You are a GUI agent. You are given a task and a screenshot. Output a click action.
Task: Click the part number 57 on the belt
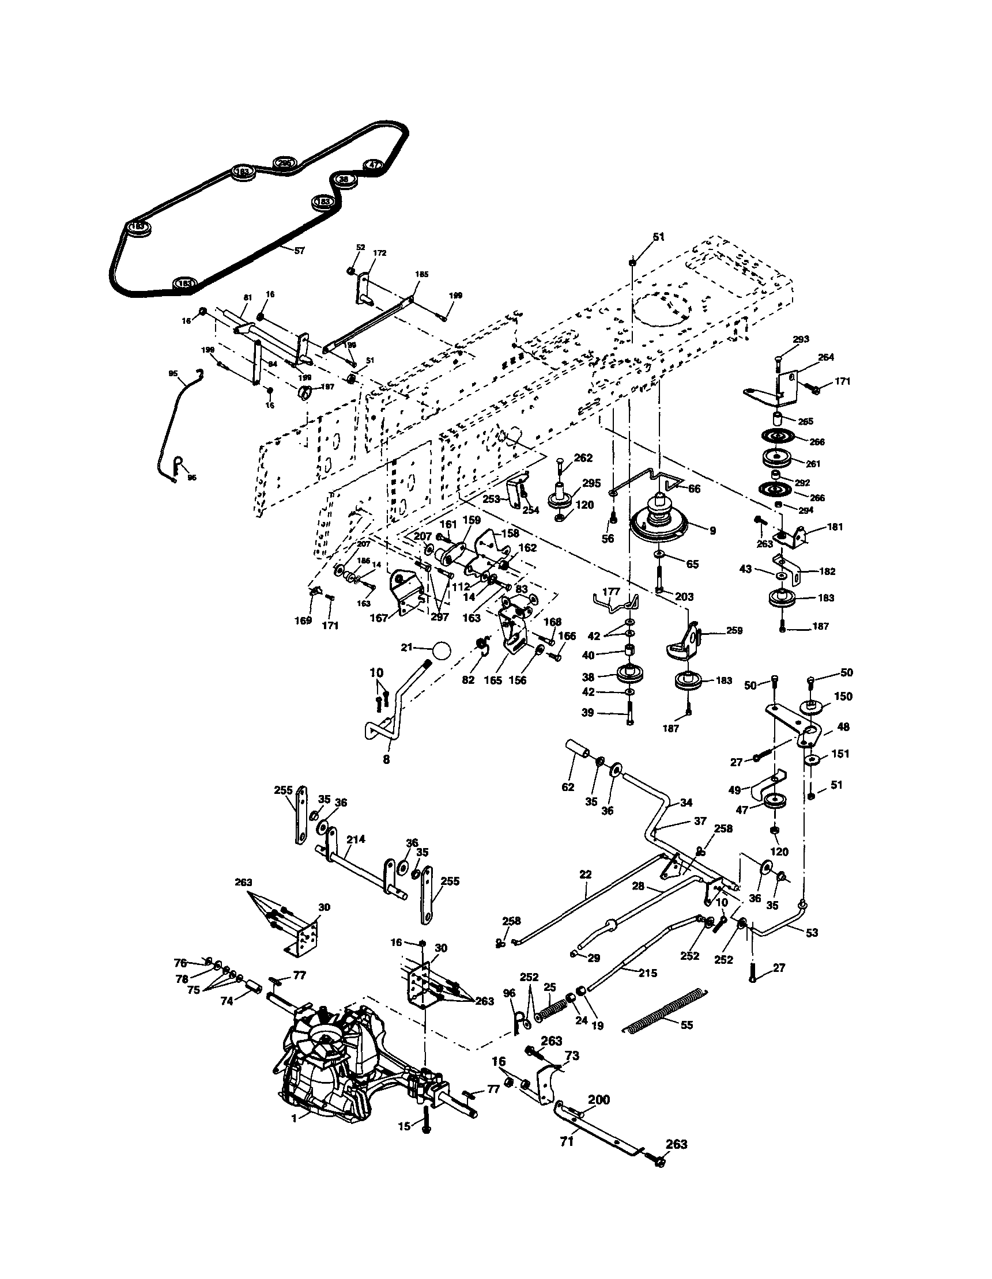pos(299,251)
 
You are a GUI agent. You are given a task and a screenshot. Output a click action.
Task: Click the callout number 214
pos(356,839)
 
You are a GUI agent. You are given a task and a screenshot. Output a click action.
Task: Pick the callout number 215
pos(647,973)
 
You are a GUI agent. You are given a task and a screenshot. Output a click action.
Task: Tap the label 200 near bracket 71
pos(599,1100)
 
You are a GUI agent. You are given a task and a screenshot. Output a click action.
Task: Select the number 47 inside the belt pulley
pos(374,166)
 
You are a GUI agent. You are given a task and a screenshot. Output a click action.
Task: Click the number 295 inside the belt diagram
pos(285,163)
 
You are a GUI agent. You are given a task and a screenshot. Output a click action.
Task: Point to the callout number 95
pos(172,373)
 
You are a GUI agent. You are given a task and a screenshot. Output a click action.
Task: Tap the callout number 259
pos(734,631)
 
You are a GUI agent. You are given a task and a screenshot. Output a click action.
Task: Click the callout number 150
pos(843,697)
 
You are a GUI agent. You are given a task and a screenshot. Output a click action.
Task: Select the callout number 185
pos(421,274)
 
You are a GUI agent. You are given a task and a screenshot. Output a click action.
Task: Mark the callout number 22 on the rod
pos(586,875)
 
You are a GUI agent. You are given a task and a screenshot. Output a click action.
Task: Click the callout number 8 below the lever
pos(386,759)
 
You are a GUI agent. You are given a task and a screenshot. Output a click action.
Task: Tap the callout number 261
pos(813,464)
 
